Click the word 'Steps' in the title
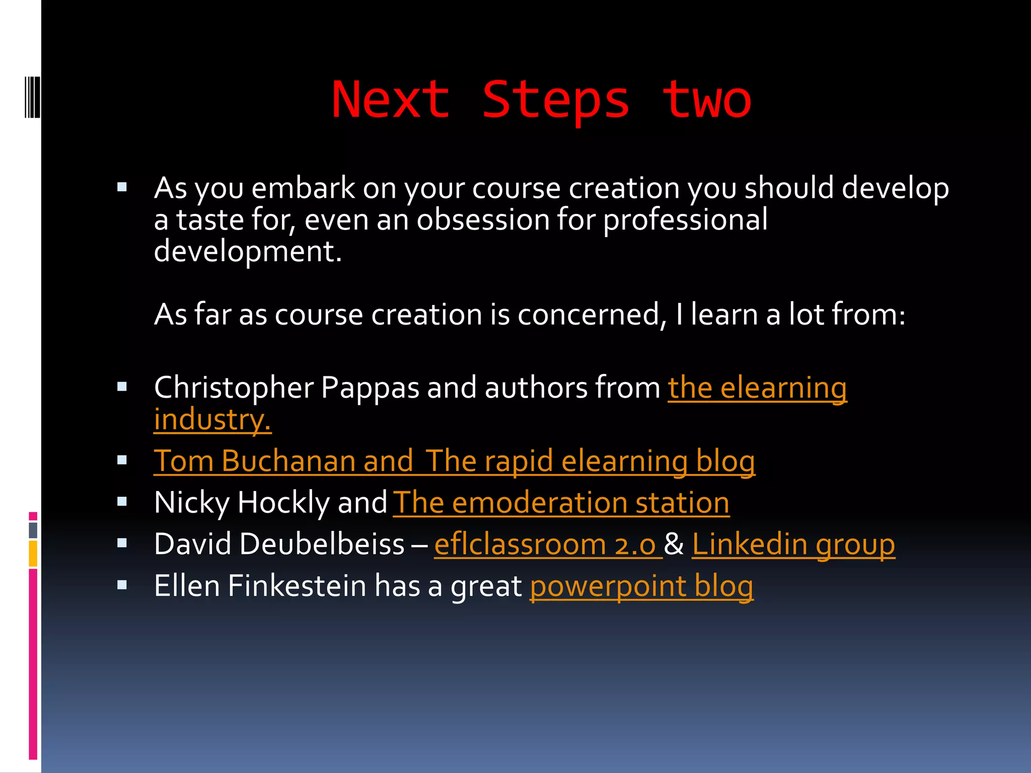click(x=556, y=101)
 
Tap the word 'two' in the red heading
click(x=706, y=101)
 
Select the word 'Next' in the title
click(x=391, y=101)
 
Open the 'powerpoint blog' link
click(x=641, y=586)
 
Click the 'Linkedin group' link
click(x=793, y=545)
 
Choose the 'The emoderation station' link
click(x=561, y=503)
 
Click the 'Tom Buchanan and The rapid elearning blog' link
click(x=454, y=461)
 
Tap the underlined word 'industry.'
click(x=212, y=420)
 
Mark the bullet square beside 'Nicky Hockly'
click(x=122, y=502)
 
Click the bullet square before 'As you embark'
click(x=122, y=188)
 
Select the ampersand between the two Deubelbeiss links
click(x=674, y=545)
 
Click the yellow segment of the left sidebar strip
click(x=33, y=554)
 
